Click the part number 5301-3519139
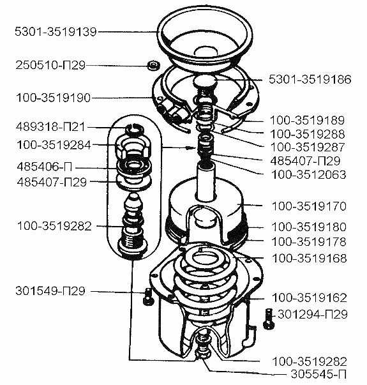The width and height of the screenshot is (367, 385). (x=56, y=32)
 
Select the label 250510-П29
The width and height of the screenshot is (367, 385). (x=50, y=65)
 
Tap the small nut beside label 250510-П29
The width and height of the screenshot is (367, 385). (x=154, y=66)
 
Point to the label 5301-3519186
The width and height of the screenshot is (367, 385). (x=310, y=80)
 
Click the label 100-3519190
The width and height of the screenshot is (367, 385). (x=53, y=98)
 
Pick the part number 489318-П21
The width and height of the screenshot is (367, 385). (x=50, y=127)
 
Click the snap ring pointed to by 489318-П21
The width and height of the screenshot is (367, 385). (x=134, y=130)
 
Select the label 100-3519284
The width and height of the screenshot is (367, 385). (x=54, y=145)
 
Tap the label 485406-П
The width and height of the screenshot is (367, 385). (x=45, y=167)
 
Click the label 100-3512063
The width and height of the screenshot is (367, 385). (x=308, y=174)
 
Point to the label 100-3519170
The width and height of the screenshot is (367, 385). (x=309, y=206)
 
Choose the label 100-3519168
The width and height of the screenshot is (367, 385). (x=310, y=259)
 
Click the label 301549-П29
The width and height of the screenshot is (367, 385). (x=50, y=291)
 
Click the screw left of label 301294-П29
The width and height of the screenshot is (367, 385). (x=268, y=319)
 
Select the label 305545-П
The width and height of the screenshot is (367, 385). (x=318, y=374)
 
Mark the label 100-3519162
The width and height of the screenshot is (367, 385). (x=310, y=298)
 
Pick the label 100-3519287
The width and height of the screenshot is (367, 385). (x=308, y=147)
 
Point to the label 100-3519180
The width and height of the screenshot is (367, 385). (x=309, y=227)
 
